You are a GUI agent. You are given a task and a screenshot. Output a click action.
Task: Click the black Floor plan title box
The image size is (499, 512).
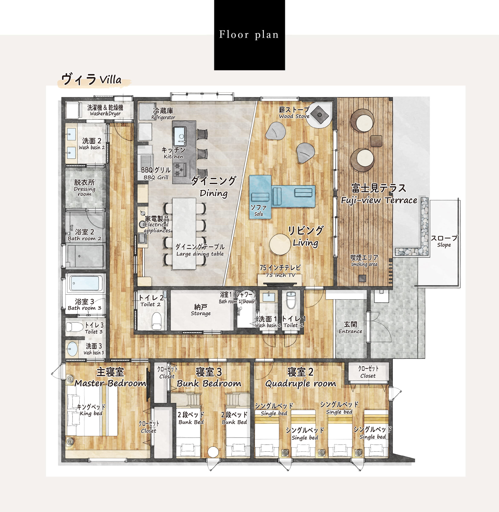click(249, 35)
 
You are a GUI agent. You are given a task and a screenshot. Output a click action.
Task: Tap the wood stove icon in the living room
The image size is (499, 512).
click(320, 115)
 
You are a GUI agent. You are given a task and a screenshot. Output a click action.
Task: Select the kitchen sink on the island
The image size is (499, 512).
click(180, 136)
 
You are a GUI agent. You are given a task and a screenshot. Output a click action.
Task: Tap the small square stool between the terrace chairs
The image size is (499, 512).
click(376, 141)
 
